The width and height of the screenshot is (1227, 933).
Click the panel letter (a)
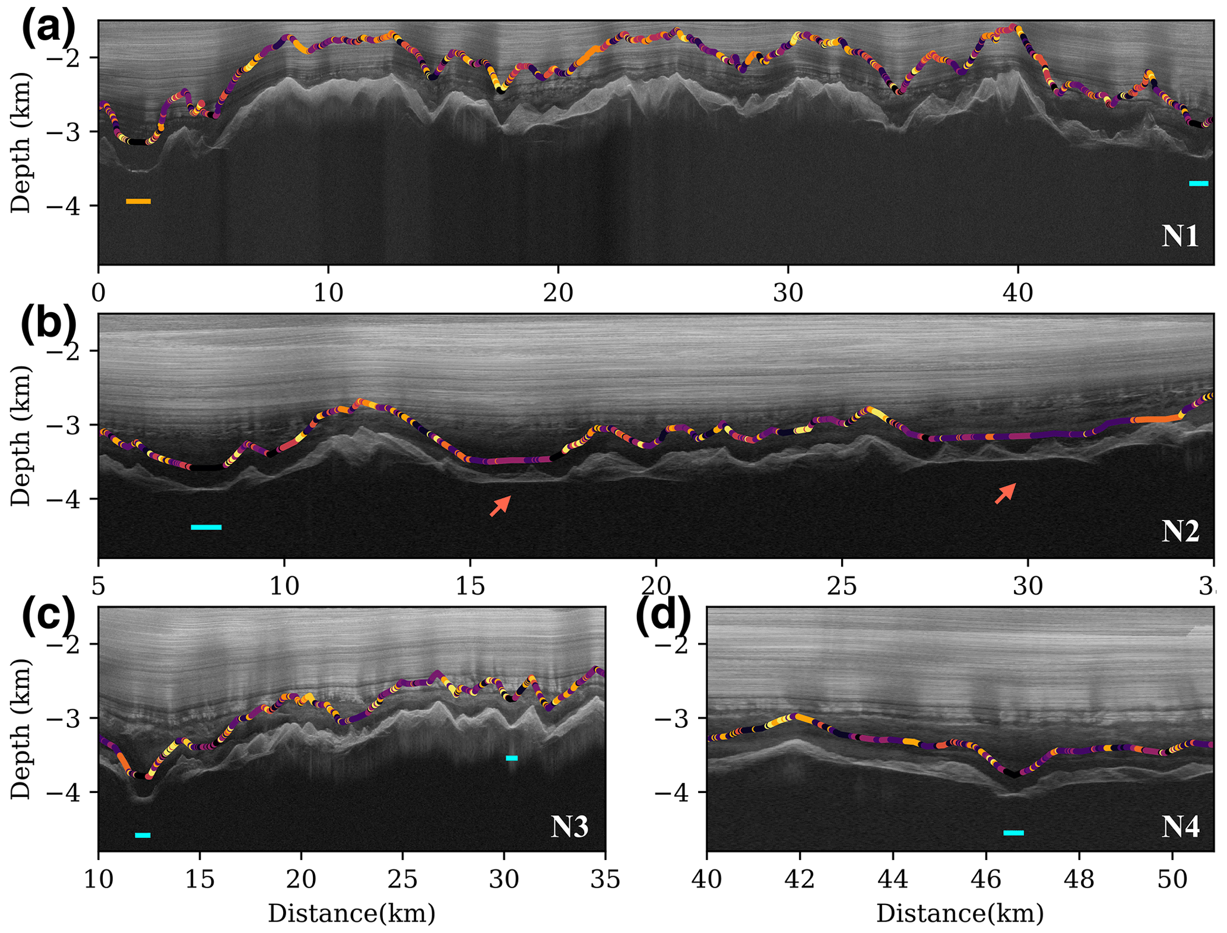tap(49, 28)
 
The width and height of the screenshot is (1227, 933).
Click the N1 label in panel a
tap(1180, 237)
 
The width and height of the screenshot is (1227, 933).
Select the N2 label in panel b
tap(1180, 531)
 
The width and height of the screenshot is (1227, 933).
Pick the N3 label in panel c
tap(569, 826)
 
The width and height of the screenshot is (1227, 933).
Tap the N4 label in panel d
tap(1180, 826)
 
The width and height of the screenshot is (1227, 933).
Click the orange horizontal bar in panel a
tap(138, 202)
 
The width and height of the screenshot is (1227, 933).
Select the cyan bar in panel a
tap(1199, 183)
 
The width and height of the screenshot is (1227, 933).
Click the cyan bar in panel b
tap(206, 527)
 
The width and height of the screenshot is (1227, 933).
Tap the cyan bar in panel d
tap(1013, 833)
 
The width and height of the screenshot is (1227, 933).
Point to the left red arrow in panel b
tap(500, 506)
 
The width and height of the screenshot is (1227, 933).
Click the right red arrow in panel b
tap(1005, 494)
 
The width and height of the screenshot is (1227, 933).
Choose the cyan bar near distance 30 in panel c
tap(511, 758)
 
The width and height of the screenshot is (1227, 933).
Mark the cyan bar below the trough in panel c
tap(142, 835)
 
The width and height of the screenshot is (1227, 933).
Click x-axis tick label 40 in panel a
tap(1018, 294)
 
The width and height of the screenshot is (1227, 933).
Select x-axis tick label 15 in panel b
tap(470, 587)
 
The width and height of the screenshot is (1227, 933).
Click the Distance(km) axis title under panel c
tap(351, 913)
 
